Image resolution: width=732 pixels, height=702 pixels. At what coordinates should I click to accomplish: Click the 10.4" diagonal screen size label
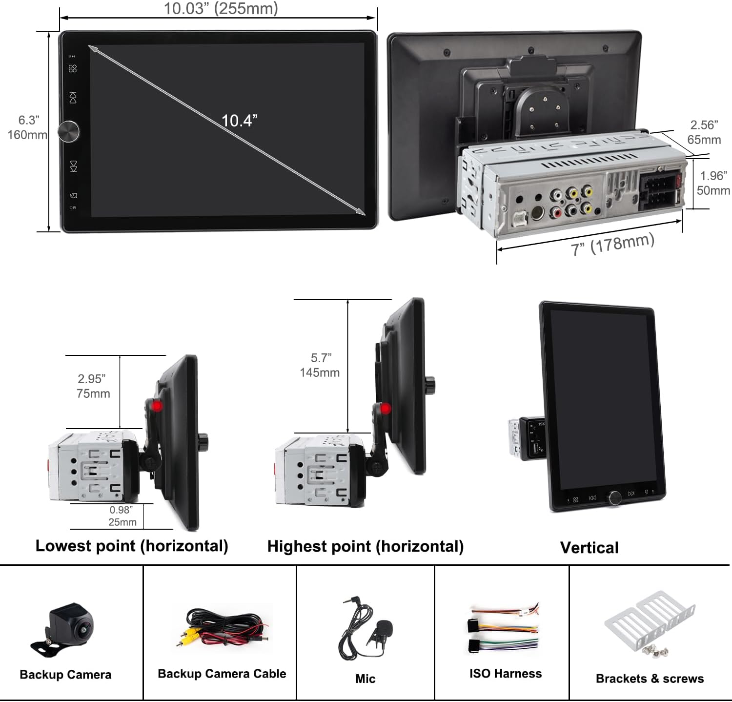click(239, 121)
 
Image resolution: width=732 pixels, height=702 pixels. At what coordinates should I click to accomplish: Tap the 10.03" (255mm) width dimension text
click(221, 8)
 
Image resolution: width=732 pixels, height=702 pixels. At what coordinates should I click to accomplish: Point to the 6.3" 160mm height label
click(28, 127)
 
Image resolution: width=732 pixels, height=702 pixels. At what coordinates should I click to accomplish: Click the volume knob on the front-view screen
click(69, 131)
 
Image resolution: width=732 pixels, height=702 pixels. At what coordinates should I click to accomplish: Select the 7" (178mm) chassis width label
click(612, 244)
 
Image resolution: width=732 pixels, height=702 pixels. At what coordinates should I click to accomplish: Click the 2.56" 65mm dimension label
click(704, 132)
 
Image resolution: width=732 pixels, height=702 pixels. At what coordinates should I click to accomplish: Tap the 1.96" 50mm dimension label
click(713, 183)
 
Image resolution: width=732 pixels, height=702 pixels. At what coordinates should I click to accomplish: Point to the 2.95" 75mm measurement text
click(93, 386)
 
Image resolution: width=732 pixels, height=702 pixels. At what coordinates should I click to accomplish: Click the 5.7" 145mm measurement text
click(320, 365)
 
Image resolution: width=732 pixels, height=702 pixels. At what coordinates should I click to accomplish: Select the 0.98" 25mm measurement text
click(122, 516)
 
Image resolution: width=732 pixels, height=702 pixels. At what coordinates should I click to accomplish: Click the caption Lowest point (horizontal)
click(132, 546)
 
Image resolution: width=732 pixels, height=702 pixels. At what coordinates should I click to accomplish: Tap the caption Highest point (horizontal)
click(366, 546)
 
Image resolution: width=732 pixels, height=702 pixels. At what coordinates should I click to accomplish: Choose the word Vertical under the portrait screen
click(589, 548)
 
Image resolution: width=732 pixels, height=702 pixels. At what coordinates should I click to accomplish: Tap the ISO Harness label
click(506, 674)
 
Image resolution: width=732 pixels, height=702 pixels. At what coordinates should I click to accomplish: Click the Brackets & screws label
click(650, 679)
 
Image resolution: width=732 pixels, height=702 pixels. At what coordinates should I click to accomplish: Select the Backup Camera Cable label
click(222, 674)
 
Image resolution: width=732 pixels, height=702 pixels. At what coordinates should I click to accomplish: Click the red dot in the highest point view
click(386, 409)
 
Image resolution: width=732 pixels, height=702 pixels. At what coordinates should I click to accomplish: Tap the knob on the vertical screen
click(614, 497)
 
